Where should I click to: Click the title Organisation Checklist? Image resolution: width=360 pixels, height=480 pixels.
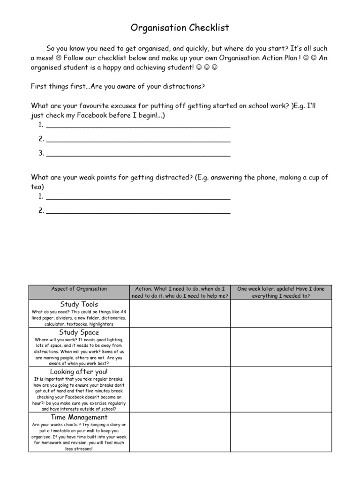tap(180, 28)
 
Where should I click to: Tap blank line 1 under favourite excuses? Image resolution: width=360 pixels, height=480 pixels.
tap(138, 126)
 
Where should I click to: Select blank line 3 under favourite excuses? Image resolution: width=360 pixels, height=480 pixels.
tap(138, 154)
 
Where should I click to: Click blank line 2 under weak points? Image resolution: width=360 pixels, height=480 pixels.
tap(138, 212)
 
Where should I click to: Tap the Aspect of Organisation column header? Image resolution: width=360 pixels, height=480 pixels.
tap(79, 289)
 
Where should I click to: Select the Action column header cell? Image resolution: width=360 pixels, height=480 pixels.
tap(180, 292)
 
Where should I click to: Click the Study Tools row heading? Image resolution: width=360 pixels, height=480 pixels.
tap(79, 304)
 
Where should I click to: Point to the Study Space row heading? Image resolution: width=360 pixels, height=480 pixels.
tap(79, 332)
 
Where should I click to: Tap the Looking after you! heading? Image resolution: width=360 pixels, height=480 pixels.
tap(79, 372)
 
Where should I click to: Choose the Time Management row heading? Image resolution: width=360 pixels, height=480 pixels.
tap(79, 417)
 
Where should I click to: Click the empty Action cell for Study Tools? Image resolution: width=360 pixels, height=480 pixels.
tap(180, 313)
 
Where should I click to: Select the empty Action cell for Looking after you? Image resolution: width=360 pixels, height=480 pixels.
tap(180, 389)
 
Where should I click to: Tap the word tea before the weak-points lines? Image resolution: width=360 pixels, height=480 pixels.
tap(37, 186)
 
